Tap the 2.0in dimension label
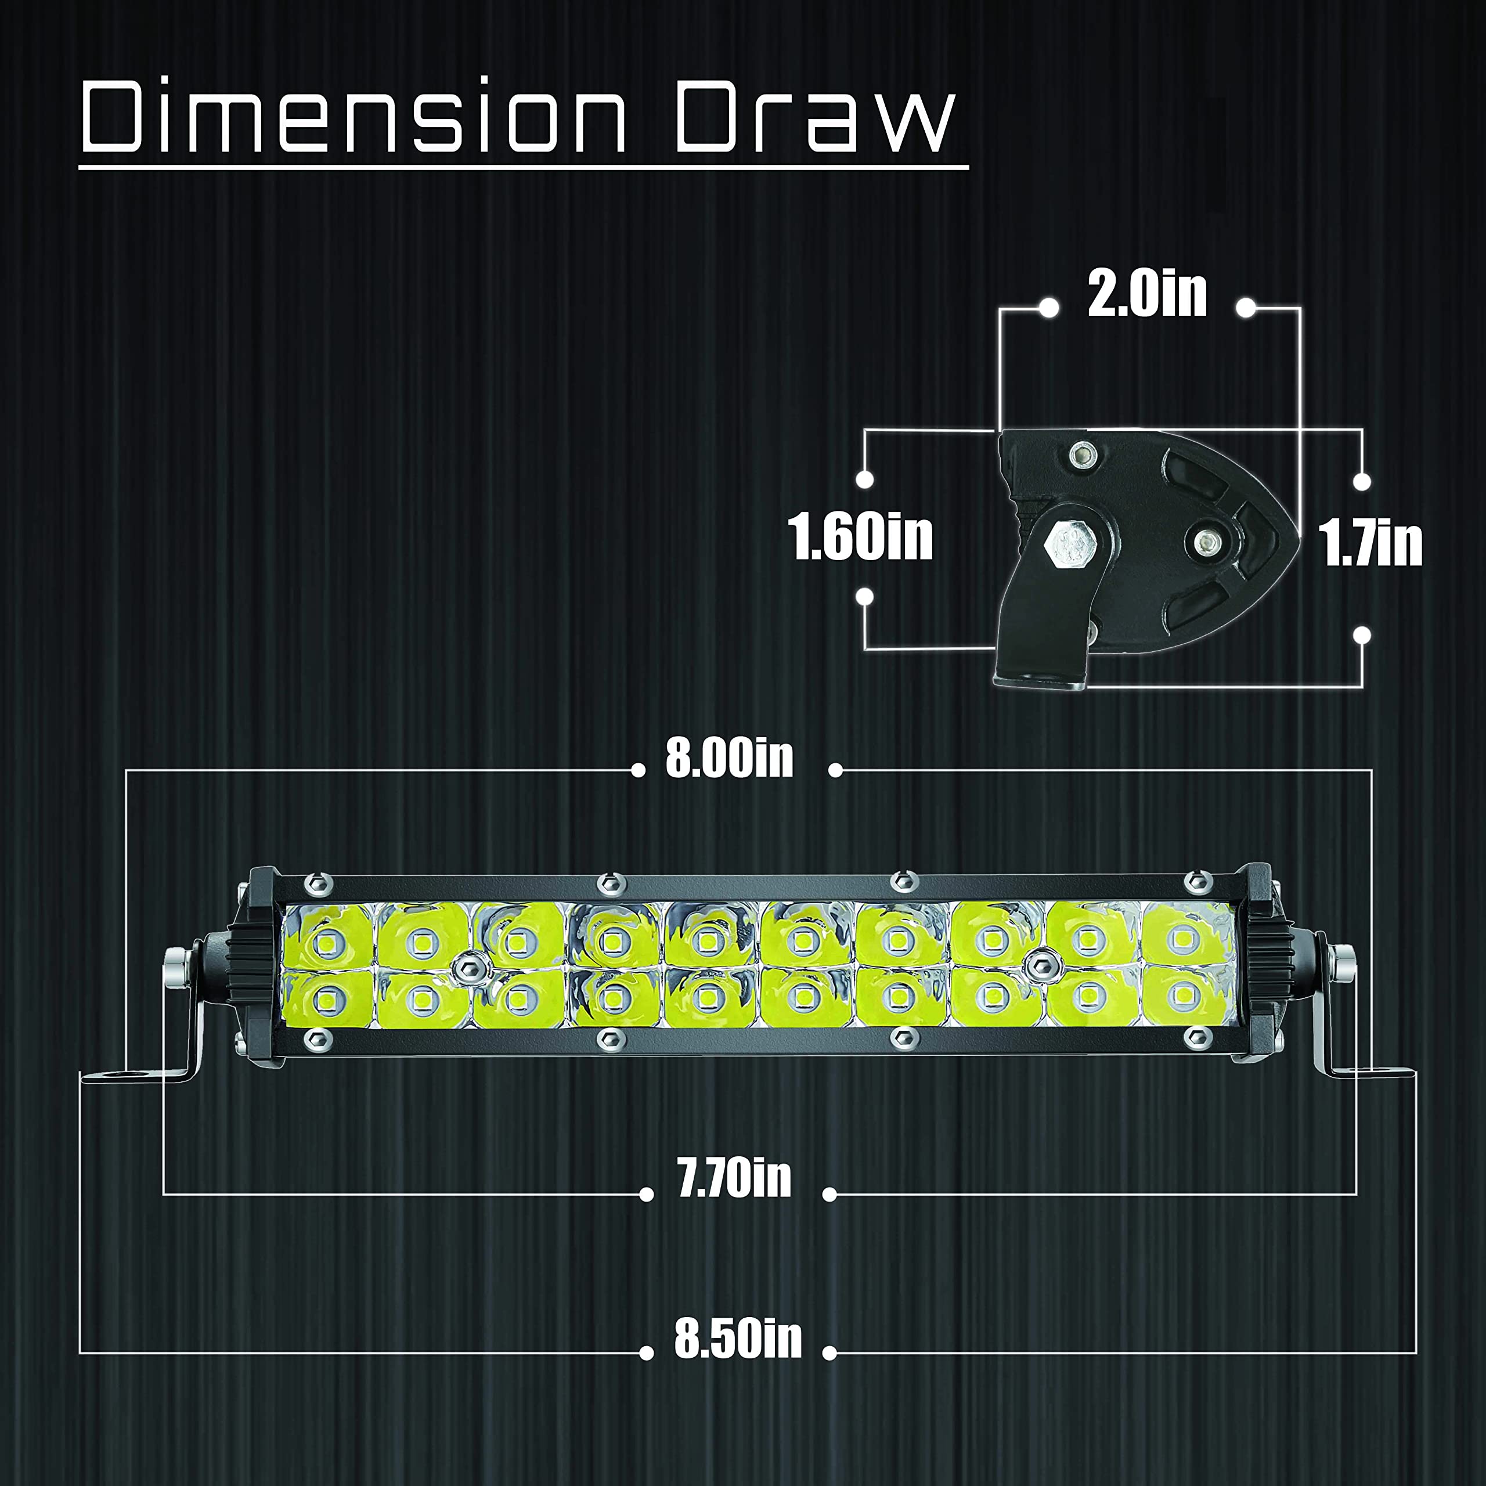click(1147, 293)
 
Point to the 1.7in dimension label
click(1370, 543)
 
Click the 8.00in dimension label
click(729, 759)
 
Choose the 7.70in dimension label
click(734, 1178)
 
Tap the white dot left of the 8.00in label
click(637, 770)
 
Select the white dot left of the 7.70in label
click(647, 1195)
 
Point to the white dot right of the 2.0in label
click(1247, 308)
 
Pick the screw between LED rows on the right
click(1042, 960)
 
